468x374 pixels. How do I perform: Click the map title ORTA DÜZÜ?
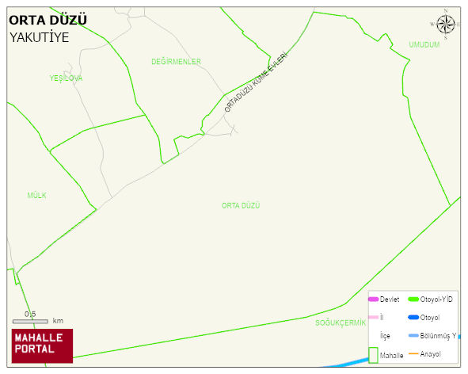point(48,20)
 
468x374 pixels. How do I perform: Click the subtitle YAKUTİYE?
point(40,36)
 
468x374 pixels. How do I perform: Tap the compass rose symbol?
point(446,26)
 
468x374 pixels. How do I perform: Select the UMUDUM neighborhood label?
point(424,45)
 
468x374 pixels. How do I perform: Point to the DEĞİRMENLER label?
point(176,62)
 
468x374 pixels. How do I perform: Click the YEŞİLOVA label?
point(66,78)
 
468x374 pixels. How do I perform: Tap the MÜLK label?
point(37,195)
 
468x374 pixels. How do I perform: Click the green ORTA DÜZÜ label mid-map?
point(241,205)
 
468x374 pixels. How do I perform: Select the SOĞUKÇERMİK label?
point(341,322)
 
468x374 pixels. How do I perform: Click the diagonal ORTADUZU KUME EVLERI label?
point(255,82)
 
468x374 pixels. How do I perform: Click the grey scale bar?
point(30,322)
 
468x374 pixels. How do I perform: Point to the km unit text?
point(58,322)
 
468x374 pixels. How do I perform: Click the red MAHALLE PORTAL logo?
point(42,345)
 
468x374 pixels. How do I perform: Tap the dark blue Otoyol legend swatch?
point(413,318)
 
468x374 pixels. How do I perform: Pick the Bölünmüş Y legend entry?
point(437,336)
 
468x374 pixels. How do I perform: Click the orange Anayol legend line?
point(413,353)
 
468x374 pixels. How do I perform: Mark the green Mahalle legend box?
point(373,355)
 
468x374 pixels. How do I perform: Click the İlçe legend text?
point(386,336)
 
